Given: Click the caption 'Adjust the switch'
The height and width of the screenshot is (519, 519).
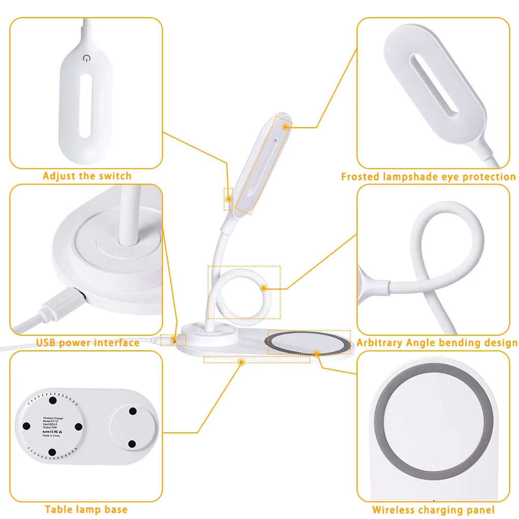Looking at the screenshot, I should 87,176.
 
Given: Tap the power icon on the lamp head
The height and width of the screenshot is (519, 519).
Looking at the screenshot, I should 86,58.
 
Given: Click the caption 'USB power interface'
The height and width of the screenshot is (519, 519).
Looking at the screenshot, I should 88,343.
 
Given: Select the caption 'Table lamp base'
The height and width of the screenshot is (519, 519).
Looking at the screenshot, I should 86,509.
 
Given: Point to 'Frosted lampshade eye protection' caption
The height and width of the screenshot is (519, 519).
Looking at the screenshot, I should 428,177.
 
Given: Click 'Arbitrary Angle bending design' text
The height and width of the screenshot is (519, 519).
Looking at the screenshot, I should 437,343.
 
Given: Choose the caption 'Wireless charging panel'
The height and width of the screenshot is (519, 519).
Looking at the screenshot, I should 433,510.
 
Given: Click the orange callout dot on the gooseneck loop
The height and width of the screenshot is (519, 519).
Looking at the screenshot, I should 264,288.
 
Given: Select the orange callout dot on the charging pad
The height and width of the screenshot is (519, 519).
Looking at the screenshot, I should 317,353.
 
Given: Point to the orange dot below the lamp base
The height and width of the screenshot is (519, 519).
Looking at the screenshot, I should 241,362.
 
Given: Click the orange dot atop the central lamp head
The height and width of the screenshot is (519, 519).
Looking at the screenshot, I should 286,127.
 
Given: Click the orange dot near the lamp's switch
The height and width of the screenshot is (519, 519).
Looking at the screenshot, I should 229,199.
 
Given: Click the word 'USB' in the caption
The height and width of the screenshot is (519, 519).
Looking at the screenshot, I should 46,343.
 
